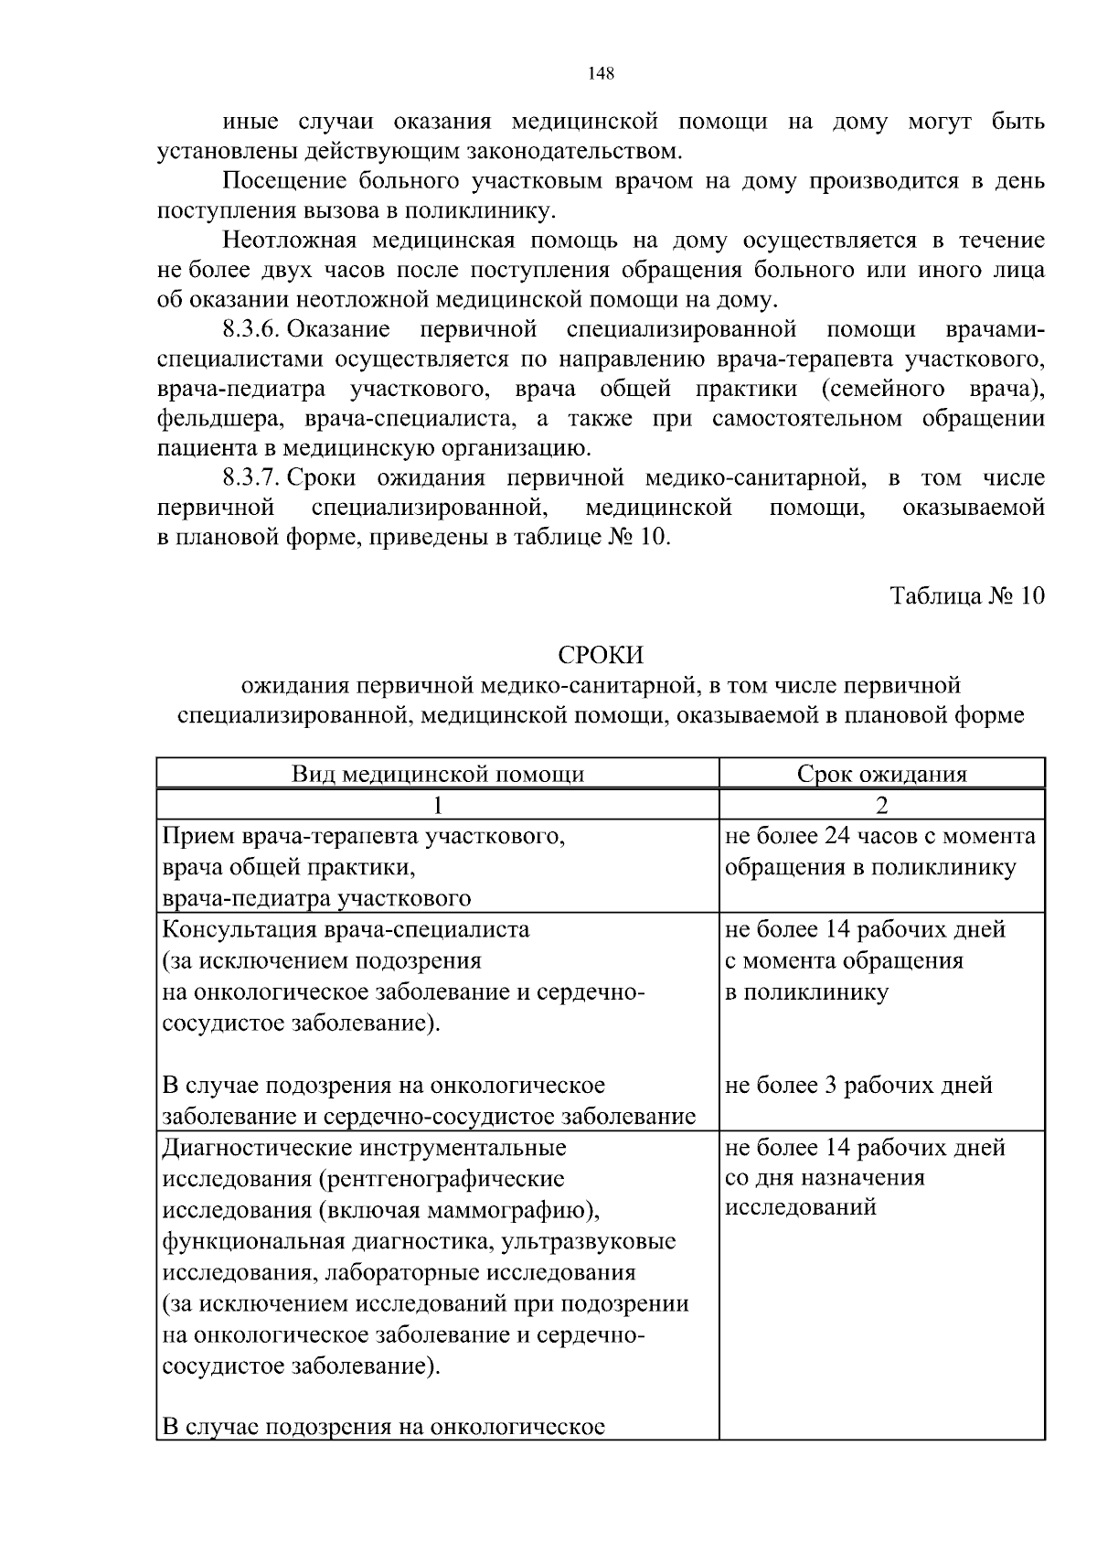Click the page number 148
[x=601, y=74]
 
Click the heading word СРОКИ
[x=601, y=656]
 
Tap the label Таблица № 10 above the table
[x=967, y=596]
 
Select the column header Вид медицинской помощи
[x=438, y=775]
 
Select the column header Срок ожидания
[x=881, y=775]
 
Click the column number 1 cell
[x=438, y=805]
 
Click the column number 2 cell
[x=881, y=805]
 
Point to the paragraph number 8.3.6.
[x=250, y=329]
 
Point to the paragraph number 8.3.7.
[x=250, y=478]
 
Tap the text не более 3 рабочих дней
[x=858, y=1086]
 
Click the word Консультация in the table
[x=239, y=930]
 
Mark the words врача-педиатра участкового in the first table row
[x=316, y=899]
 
